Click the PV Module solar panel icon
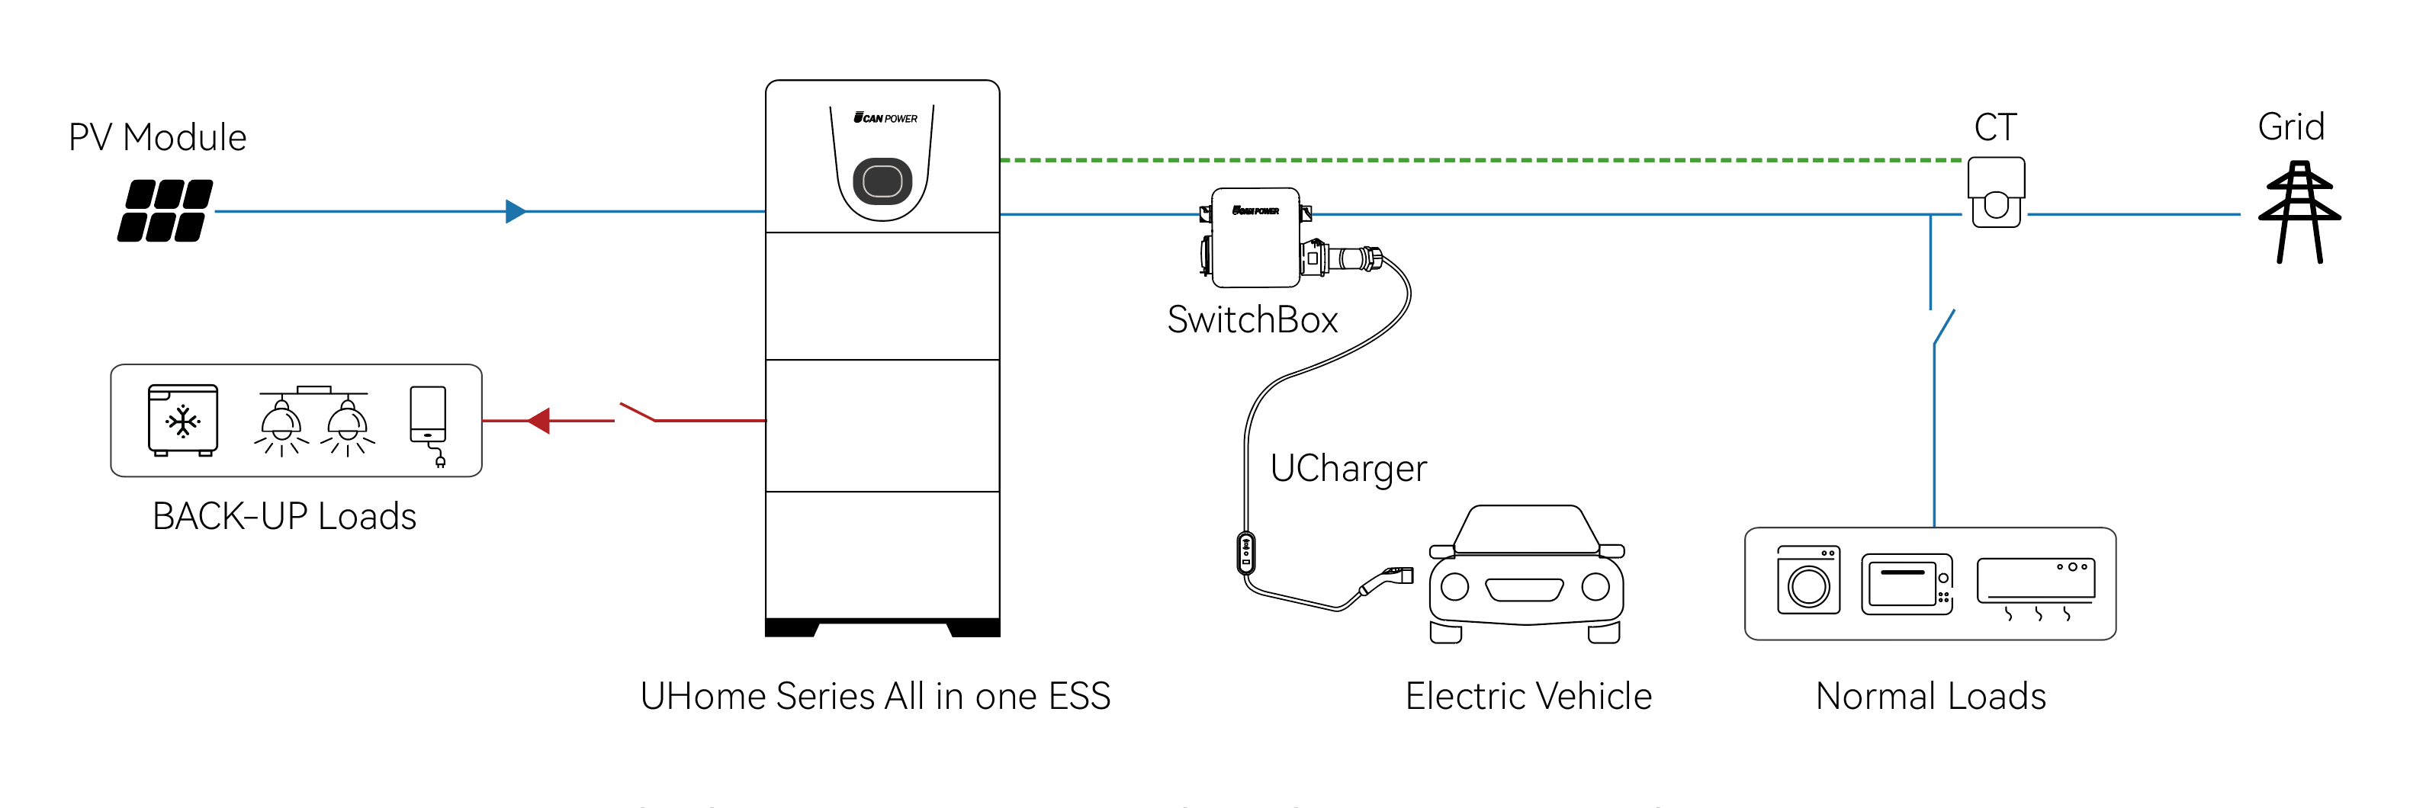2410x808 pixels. [x=165, y=210]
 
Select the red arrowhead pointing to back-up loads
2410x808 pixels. [x=539, y=421]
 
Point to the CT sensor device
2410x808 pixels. [x=1996, y=192]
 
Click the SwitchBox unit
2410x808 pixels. [x=1255, y=238]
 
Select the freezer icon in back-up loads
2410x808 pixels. [x=182, y=420]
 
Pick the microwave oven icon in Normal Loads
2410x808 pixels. [x=1906, y=584]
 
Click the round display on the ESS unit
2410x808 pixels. [x=882, y=181]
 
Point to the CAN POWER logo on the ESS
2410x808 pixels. [x=885, y=118]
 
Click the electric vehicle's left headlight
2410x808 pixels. [x=1455, y=587]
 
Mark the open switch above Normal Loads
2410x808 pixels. [x=1942, y=326]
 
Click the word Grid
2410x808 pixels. [x=2290, y=127]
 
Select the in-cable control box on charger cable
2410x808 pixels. [x=1245, y=553]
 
